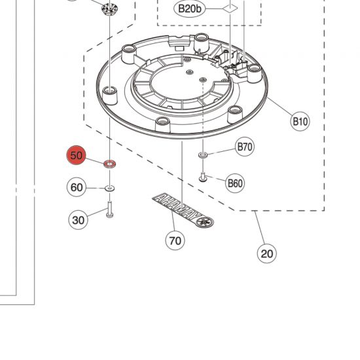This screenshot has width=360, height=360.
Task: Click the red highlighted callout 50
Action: (77, 156)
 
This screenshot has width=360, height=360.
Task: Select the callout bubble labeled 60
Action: (77, 188)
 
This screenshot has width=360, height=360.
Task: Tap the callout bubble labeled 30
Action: (79, 220)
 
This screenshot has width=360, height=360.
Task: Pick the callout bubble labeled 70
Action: (175, 240)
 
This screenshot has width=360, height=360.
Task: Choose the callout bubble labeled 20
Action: (266, 253)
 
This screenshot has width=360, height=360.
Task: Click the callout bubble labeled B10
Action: (300, 121)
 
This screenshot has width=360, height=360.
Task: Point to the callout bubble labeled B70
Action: (244, 147)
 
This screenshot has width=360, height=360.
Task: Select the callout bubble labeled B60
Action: (234, 183)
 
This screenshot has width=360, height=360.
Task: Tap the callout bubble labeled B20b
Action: (191, 9)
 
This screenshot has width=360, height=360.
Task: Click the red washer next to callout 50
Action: (109, 162)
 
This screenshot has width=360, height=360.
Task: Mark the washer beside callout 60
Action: (109, 189)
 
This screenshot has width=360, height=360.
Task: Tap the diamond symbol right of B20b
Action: (228, 8)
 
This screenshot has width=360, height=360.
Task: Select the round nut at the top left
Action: (107, 9)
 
